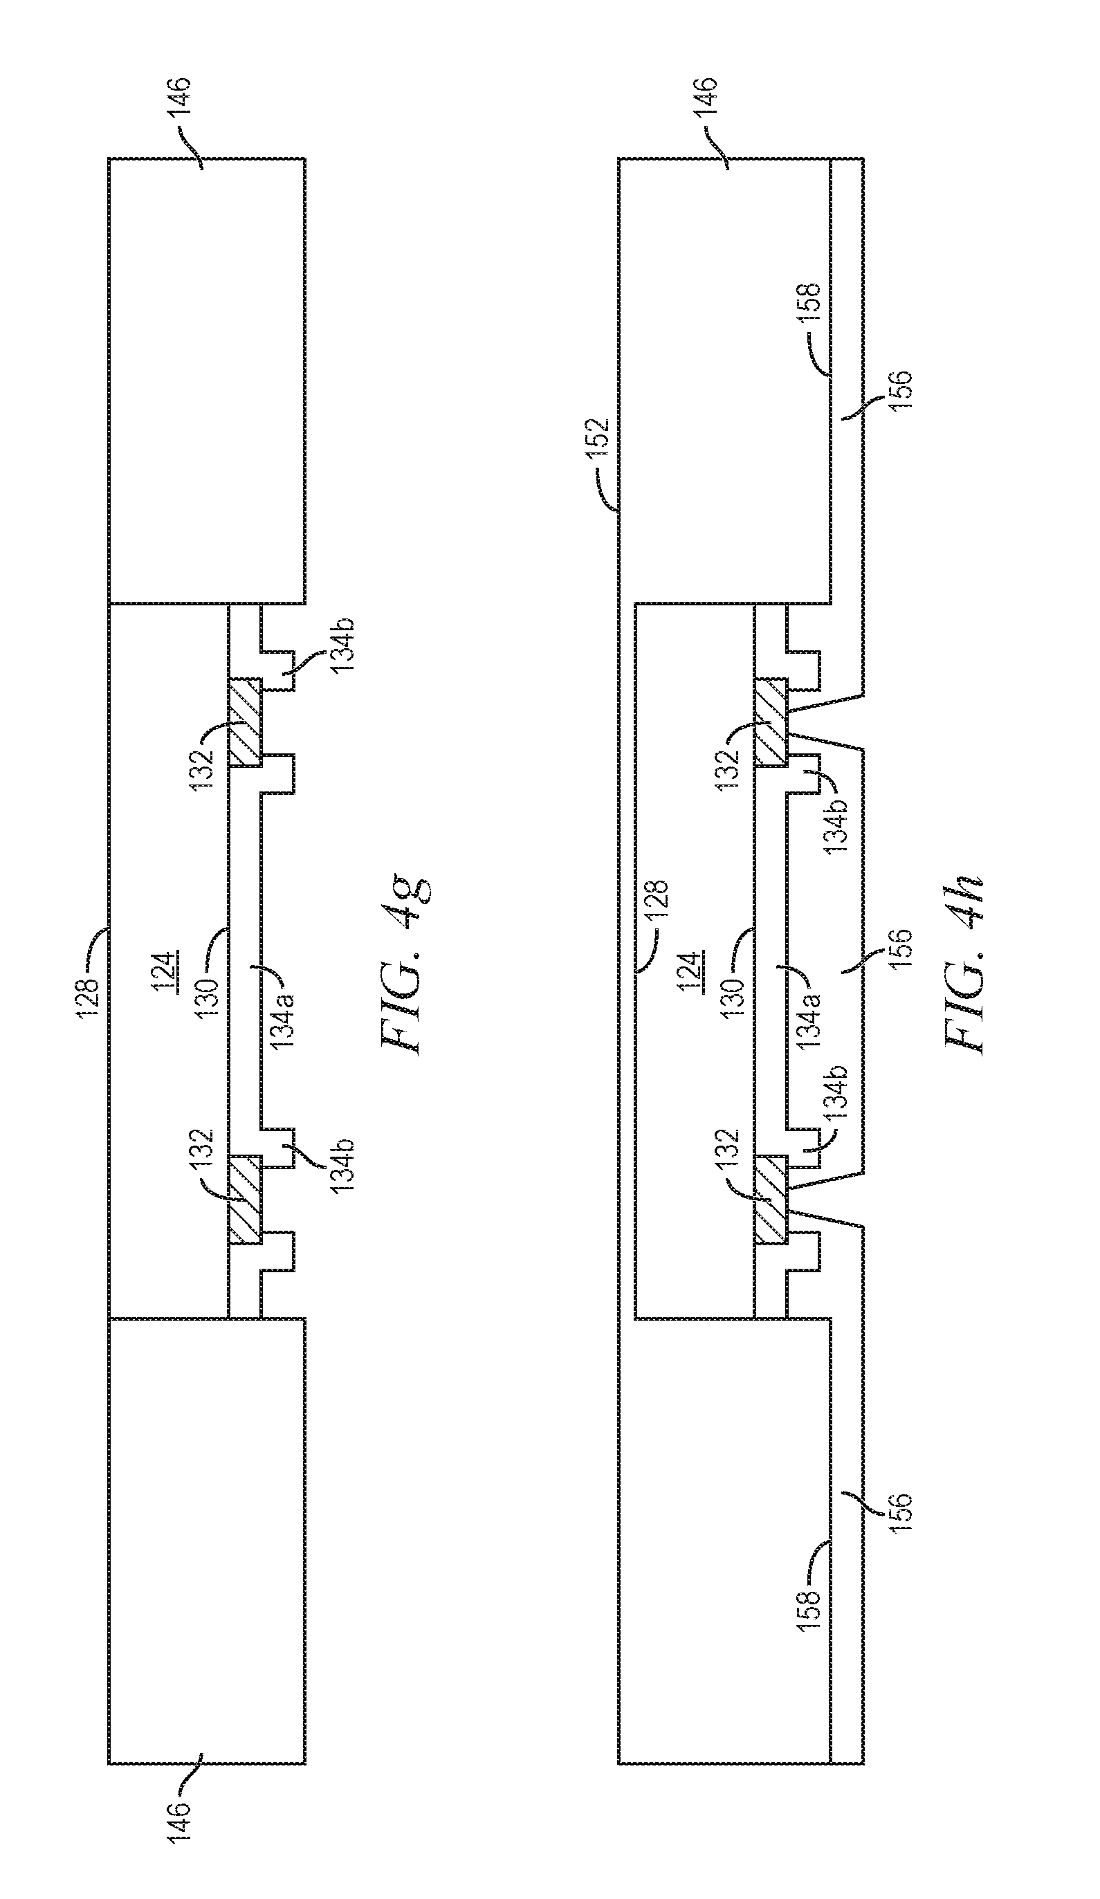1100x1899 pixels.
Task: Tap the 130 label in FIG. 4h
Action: pyautogui.click(x=734, y=995)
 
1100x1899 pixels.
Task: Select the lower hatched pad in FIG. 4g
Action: pyautogui.click(x=245, y=1200)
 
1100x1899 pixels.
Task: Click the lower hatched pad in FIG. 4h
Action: pyautogui.click(x=770, y=1200)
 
